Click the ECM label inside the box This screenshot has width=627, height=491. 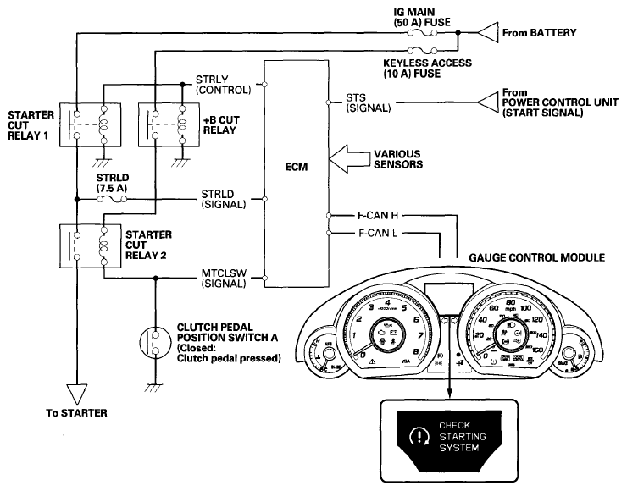(x=297, y=167)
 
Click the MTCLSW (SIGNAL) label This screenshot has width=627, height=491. (x=224, y=280)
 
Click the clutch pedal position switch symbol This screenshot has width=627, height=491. (x=155, y=343)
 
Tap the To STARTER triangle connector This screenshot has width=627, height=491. (x=76, y=390)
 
